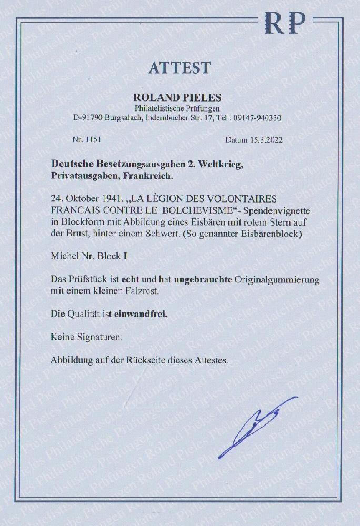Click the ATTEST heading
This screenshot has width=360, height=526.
click(x=179, y=68)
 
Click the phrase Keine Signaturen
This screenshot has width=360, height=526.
click(x=86, y=337)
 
